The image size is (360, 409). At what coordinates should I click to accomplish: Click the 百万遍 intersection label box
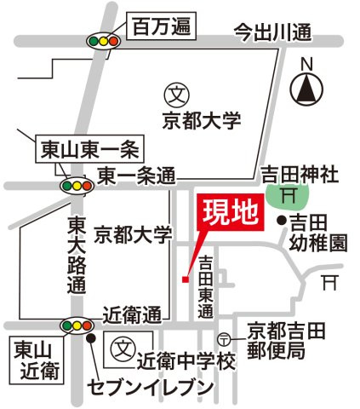tap(162, 26)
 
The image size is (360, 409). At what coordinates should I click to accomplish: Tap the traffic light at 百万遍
tap(104, 42)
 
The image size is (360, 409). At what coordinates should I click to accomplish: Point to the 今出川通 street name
tap(273, 32)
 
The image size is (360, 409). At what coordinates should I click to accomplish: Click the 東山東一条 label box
tap(90, 149)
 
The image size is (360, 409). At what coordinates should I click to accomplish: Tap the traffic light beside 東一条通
tap(77, 186)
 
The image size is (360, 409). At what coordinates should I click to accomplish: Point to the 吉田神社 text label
tap(300, 175)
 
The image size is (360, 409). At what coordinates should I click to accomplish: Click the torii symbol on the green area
tap(289, 196)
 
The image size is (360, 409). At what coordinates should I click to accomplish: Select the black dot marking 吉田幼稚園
tap(282, 220)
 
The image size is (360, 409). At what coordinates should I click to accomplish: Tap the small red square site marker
tap(186, 279)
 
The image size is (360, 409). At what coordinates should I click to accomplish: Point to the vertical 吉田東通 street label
tap(206, 286)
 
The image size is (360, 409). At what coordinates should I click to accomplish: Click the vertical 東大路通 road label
tap(77, 255)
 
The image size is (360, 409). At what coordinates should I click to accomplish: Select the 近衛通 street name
tap(132, 315)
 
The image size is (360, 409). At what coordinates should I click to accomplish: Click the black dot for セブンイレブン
tap(91, 338)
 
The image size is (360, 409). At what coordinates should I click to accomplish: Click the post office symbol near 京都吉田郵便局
tap(224, 339)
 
